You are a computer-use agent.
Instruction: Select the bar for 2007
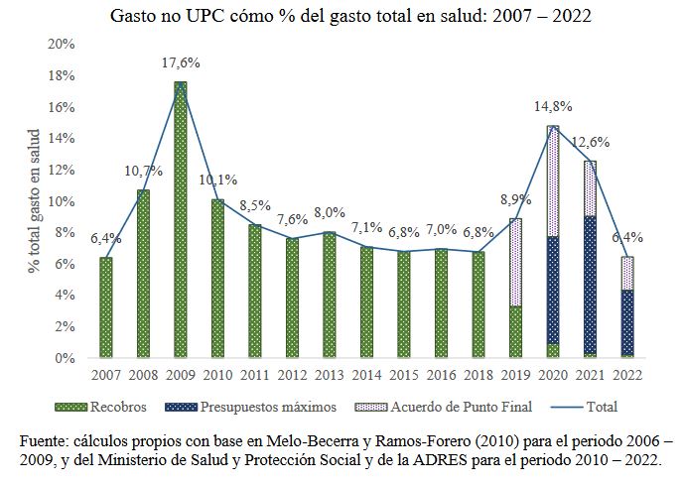tap(106, 307)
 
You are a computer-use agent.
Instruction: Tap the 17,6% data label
tap(181, 62)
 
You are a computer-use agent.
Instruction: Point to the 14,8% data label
tap(552, 106)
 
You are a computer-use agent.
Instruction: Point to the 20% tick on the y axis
tap(62, 45)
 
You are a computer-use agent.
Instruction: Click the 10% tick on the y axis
tap(62, 201)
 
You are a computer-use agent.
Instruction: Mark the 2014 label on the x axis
tap(366, 374)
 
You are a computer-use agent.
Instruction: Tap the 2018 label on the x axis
tap(478, 374)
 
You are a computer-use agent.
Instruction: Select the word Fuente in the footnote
tap(43, 439)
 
